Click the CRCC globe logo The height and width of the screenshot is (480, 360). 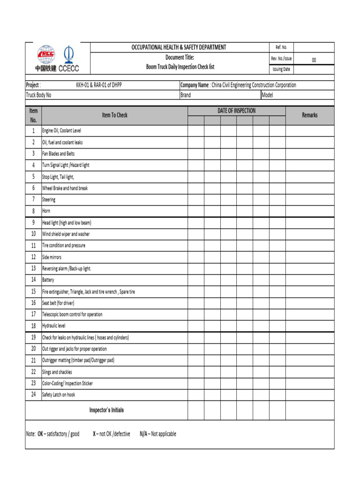(46, 54)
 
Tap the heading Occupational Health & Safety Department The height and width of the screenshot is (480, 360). (179, 47)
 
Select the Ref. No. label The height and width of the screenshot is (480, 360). (281, 47)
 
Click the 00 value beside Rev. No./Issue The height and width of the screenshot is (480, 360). (314, 60)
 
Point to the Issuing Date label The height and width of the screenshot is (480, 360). (281, 69)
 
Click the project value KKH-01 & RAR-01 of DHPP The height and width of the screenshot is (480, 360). (102, 85)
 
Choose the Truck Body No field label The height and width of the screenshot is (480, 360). (38, 95)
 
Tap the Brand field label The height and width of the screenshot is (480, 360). (186, 95)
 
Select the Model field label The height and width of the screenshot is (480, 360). (267, 95)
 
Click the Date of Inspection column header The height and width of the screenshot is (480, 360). (237, 111)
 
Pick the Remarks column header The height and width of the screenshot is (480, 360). (310, 115)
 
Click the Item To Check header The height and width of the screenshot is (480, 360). (115, 115)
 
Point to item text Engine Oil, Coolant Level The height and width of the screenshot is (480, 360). (61, 131)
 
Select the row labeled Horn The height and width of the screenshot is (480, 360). (46, 211)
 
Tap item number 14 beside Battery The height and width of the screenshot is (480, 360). (33, 280)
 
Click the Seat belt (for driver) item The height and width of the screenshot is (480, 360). (58, 303)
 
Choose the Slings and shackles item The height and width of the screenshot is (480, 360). (57, 372)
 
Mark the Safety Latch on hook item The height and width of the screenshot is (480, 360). (59, 395)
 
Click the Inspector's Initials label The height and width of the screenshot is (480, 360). (106, 410)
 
